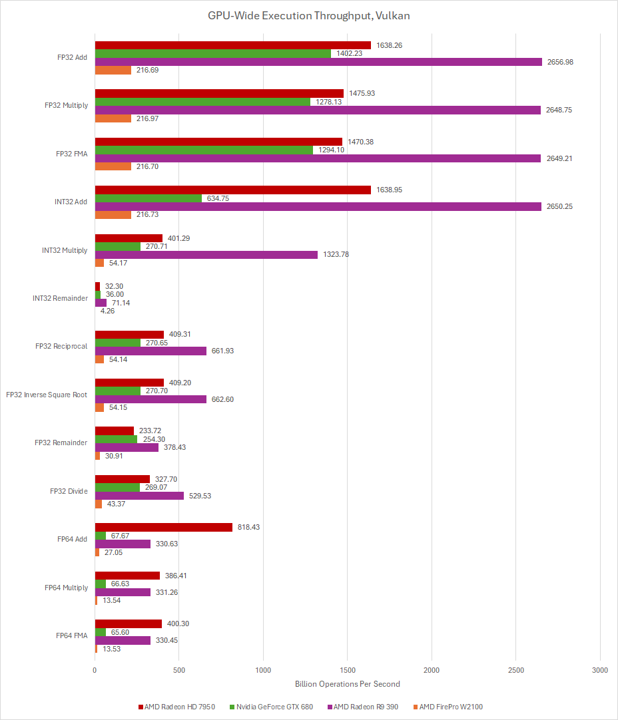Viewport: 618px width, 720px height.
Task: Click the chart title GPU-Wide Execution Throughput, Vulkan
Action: click(x=308, y=16)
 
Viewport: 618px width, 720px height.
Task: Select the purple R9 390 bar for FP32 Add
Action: click(x=318, y=62)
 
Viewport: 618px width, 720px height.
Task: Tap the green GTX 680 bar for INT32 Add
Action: click(x=148, y=198)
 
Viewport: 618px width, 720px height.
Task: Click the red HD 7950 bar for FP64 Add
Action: click(x=164, y=527)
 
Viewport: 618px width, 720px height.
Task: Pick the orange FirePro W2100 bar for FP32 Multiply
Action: click(x=113, y=118)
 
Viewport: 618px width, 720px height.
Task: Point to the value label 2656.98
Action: click(x=559, y=62)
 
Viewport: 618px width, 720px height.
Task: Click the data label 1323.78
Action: click(x=336, y=254)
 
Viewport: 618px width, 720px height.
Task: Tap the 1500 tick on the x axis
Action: click(x=348, y=670)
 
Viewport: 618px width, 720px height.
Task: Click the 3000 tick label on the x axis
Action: click(x=600, y=670)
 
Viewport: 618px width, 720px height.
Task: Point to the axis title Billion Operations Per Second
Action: click(x=347, y=684)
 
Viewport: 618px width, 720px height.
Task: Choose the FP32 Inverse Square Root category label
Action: click(x=47, y=395)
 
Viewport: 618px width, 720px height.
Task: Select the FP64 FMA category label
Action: click(x=71, y=635)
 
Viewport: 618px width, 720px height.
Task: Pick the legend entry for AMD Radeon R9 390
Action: click(x=364, y=707)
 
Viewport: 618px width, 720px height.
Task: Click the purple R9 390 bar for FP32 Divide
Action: click(x=139, y=496)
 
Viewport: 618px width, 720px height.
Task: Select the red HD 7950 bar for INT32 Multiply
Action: click(x=129, y=238)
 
